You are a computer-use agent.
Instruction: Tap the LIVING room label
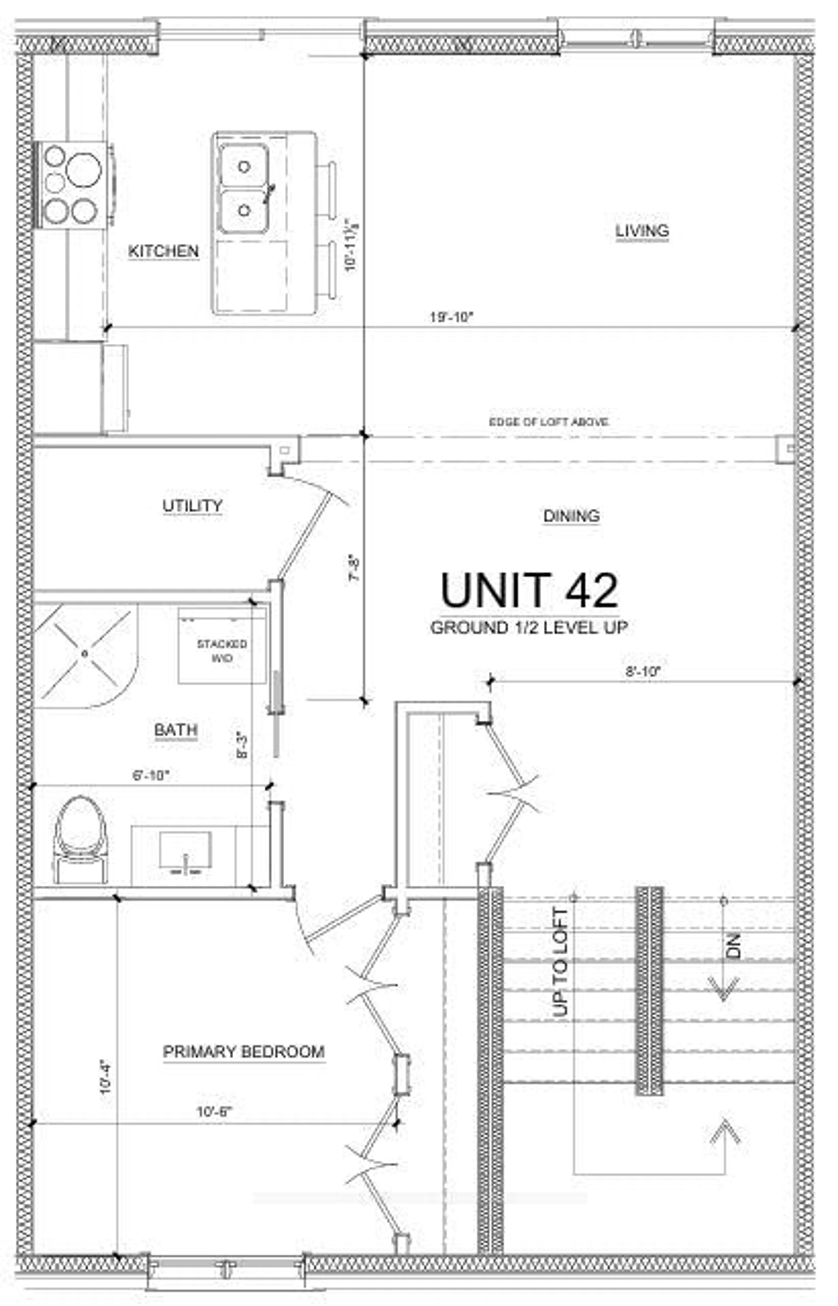point(642,230)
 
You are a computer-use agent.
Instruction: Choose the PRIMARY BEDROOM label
point(244,1052)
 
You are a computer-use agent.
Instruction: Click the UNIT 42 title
point(529,591)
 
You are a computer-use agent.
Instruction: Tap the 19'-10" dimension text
point(452,318)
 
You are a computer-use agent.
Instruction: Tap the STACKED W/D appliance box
point(222,646)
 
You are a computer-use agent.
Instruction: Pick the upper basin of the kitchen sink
point(244,166)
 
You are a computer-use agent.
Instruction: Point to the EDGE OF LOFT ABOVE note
point(548,422)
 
